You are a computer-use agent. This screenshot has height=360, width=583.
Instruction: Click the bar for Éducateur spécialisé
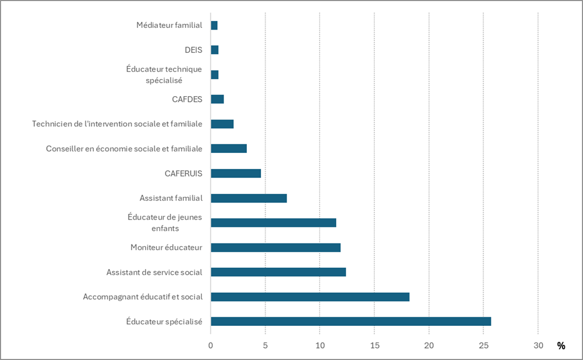(x=350, y=321)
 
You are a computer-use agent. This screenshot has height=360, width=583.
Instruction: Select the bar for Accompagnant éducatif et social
(x=310, y=297)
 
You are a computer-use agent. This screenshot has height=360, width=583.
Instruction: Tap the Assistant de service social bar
(x=278, y=272)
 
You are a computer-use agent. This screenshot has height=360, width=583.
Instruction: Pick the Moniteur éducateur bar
(x=275, y=247)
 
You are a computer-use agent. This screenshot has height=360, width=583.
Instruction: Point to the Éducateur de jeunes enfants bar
(x=273, y=222)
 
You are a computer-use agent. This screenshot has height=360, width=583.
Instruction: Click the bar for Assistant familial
(x=249, y=198)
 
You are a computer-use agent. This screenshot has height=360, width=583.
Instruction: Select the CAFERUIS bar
(x=235, y=173)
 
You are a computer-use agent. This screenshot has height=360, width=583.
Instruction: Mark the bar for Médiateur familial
(x=214, y=25)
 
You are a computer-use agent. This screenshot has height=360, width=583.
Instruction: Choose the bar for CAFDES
(x=217, y=99)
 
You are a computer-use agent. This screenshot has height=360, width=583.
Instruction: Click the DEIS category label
(x=193, y=50)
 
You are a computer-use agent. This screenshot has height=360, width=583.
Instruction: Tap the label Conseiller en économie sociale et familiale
(x=124, y=149)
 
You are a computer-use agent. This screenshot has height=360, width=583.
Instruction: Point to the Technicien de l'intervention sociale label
(x=117, y=124)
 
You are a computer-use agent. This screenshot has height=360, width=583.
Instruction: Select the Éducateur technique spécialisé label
(x=164, y=75)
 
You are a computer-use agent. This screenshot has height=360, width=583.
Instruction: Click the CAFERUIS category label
(x=183, y=173)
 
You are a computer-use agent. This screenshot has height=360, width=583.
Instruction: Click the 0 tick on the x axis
(x=210, y=345)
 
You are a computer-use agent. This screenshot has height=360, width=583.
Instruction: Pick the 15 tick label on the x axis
(x=374, y=345)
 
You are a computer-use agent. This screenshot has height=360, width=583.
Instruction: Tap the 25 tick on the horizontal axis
(x=483, y=345)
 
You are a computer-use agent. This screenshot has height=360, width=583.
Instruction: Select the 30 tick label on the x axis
(x=538, y=345)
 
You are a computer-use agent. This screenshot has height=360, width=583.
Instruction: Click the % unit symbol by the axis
(x=561, y=346)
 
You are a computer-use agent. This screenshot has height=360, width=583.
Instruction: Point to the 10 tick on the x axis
(x=320, y=345)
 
